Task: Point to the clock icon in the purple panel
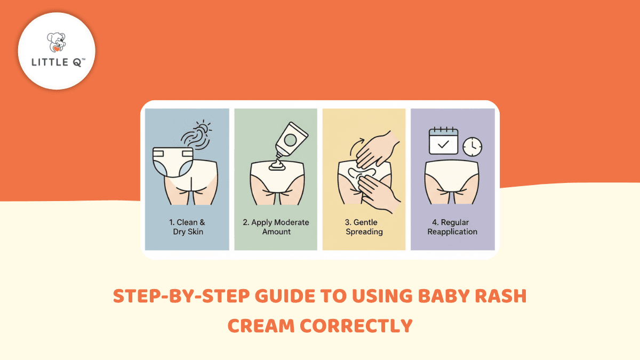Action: [x=472, y=146]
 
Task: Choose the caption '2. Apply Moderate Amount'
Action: [x=276, y=227]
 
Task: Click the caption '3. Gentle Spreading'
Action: [x=364, y=227]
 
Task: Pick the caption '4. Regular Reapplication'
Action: [x=452, y=227]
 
